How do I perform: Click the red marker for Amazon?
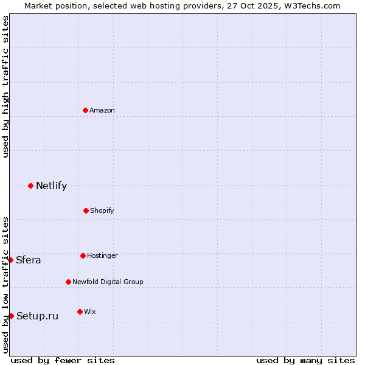(x=85, y=110)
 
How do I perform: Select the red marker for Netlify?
(x=30, y=186)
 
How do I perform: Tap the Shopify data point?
(x=86, y=210)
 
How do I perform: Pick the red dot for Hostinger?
(x=83, y=255)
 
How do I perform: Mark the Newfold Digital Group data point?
(x=68, y=282)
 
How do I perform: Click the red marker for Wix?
(x=80, y=311)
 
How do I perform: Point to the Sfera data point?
(x=10, y=260)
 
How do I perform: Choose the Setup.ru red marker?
(x=11, y=316)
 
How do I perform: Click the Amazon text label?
(x=102, y=110)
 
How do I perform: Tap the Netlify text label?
(x=51, y=186)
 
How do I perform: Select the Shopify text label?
(x=102, y=210)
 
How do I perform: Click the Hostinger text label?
(x=102, y=255)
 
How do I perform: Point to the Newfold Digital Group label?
(x=108, y=282)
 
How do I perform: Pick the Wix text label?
(x=90, y=311)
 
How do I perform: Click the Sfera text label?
(x=29, y=260)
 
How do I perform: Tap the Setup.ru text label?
(x=37, y=316)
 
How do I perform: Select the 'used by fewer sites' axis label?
(x=63, y=360)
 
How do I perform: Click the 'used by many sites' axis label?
(x=305, y=360)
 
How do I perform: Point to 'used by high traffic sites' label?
(x=5, y=87)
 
